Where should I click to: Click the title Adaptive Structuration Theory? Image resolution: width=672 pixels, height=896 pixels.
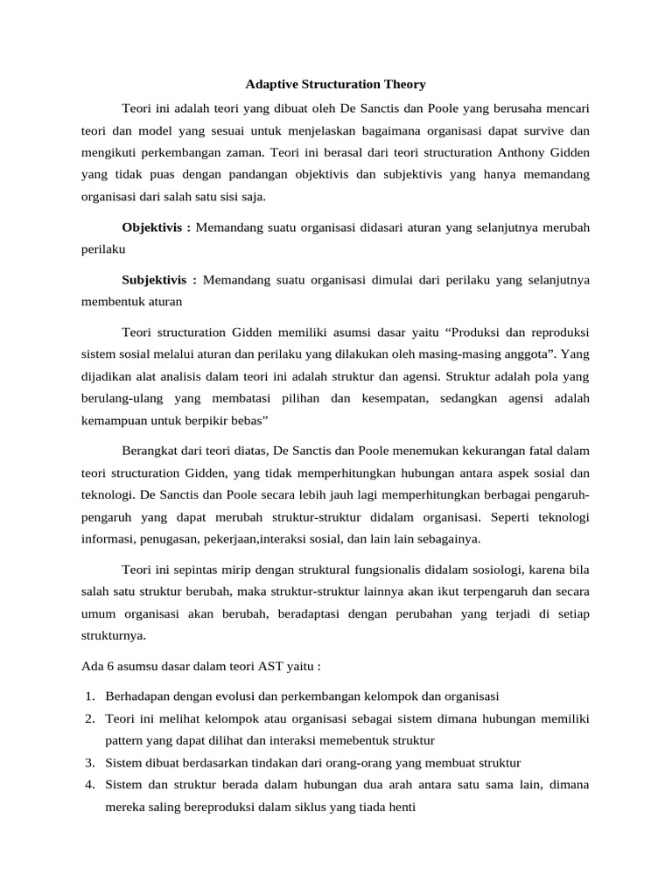334,85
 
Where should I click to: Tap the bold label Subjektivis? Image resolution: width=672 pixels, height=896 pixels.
157,280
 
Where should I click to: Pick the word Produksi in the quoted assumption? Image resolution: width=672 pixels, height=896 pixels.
480,333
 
